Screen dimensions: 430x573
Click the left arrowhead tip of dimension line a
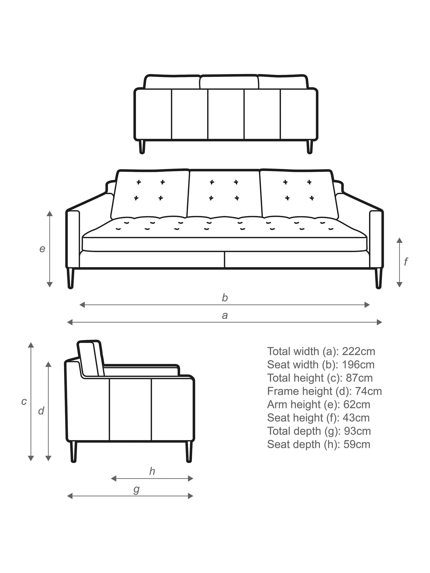coord(68,322)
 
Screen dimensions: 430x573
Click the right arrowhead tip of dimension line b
coord(370,304)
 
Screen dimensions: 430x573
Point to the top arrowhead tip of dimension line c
coord(31,343)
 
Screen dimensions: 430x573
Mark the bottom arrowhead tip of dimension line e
coord(50,287)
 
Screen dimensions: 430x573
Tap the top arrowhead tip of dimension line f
coord(400,238)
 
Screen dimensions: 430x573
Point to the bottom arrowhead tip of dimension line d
coord(49,461)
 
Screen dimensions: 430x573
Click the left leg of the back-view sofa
coord(142,147)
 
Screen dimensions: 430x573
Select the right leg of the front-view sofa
coord(378,278)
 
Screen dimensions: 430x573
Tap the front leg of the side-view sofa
coord(189,451)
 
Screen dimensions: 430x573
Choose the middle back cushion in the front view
coord(225,194)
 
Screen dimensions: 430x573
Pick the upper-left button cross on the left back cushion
coord(139,182)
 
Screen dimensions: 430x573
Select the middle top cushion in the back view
coord(229,82)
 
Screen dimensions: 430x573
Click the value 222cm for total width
coord(359,351)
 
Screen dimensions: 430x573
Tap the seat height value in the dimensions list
coord(356,418)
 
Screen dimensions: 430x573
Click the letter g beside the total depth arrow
coord(136,490)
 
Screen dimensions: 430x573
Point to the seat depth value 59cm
coord(357,444)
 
